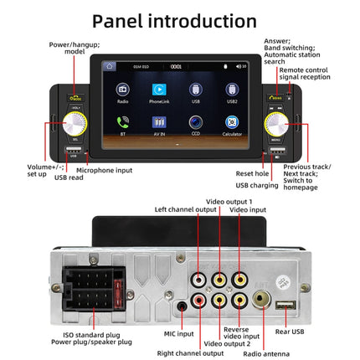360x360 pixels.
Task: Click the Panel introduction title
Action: (x=180, y=21)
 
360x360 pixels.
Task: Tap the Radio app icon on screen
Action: (x=123, y=88)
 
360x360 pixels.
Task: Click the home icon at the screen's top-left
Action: (x=109, y=65)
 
